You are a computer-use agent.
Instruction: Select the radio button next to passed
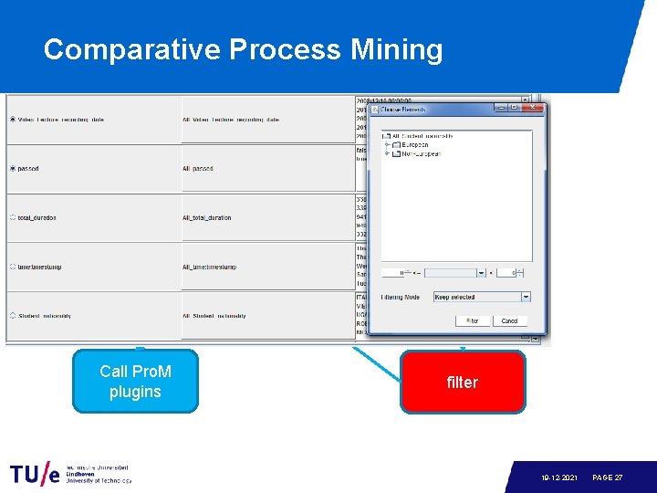[12, 169]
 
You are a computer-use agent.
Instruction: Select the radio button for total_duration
[12, 218]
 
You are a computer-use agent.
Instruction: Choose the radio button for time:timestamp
[12, 267]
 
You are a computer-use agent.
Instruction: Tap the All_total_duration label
[207, 218]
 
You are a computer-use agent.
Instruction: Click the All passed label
[198, 169]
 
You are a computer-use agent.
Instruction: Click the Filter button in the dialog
[472, 320]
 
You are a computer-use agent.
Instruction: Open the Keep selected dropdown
[481, 297]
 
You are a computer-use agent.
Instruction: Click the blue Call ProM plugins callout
[135, 382]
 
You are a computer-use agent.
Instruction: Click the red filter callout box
[462, 383]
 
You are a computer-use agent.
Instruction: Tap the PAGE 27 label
[608, 477]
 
